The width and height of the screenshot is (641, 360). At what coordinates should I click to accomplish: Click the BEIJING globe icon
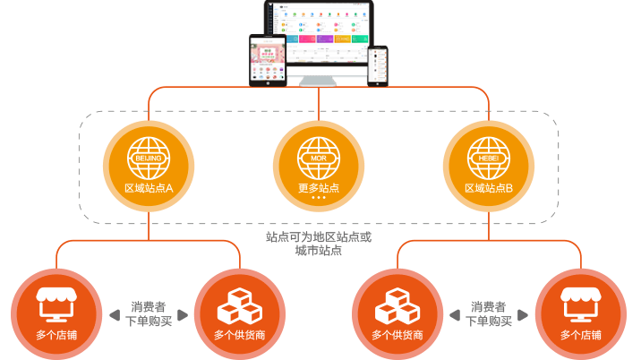[x=149, y=159]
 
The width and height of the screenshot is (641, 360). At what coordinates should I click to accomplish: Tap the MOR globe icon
[x=319, y=159]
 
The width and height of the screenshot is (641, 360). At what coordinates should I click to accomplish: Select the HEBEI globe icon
[x=488, y=159]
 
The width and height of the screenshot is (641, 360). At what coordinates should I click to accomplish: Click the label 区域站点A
[x=149, y=188]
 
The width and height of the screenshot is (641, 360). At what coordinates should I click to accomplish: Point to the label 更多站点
[x=319, y=188]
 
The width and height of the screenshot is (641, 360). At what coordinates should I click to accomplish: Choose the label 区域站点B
[x=488, y=188]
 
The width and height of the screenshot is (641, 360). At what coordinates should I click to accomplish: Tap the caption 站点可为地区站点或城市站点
[x=319, y=244]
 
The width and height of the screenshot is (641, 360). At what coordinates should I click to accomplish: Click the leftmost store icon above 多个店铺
[x=56, y=304]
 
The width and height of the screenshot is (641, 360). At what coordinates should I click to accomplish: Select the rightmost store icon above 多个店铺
[x=581, y=304]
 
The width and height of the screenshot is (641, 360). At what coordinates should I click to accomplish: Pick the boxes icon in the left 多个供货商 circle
[x=238, y=306]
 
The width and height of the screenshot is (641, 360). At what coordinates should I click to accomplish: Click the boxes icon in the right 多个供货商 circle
[x=397, y=306]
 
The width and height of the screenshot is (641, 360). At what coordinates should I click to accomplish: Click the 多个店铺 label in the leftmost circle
[x=56, y=335]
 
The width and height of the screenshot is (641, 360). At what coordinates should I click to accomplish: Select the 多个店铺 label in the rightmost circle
[x=581, y=335]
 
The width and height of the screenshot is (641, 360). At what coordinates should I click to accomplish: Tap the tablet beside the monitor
[x=268, y=61]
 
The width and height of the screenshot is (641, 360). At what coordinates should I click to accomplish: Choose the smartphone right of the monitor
[x=379, y=65]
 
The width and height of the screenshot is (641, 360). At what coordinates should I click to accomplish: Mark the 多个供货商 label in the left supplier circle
[x=238, y=335]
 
